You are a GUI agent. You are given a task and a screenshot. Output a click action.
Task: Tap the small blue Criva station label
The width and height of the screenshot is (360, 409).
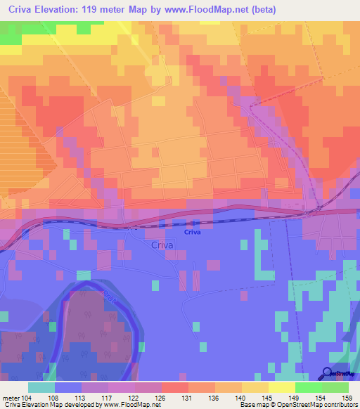click(x=193, y=232)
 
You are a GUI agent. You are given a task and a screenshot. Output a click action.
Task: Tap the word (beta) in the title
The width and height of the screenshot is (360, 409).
click(x=260, y=10)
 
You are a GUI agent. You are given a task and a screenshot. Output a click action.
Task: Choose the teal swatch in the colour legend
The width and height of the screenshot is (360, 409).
click(x=41, y=387)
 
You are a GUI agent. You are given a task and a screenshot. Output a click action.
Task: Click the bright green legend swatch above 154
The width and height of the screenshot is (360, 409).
click(x=309, y=387)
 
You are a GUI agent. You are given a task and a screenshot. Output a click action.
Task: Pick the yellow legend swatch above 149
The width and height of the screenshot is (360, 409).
click(x=282, y=387)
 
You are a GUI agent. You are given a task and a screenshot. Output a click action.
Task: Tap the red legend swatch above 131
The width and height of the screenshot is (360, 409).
click(x=175, y=387)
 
